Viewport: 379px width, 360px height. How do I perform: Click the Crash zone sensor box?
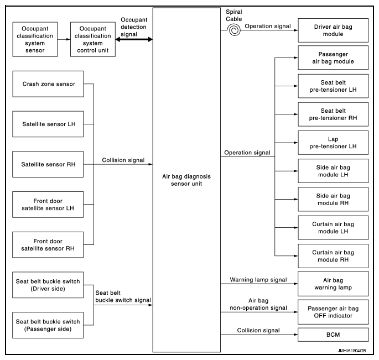click(x=48, y=84)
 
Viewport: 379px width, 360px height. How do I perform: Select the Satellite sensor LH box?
click(x=48, y=124)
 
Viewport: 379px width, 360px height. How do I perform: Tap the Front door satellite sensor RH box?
click(x=48, y=245)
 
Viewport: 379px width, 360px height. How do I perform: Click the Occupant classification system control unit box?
click(x=93, y=39)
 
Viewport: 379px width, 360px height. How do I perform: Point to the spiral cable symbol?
click(x=234, y=30)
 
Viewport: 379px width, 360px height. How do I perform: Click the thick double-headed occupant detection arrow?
click(x=134, y=39)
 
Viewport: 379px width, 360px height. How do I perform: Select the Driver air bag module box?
click(x=333, y=30)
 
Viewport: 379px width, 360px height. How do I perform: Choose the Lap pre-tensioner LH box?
click(x=333, y=143)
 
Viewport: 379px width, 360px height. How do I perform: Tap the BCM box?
click(x=333, y=335)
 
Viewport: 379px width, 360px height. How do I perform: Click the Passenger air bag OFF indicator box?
click(x=333, y=312)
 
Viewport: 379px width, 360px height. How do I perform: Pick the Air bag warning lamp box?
click(x=333, y=284)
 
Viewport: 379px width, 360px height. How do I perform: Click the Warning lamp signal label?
click(x=258, y=280)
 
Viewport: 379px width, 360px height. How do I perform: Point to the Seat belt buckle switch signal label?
click(x=123, y=296)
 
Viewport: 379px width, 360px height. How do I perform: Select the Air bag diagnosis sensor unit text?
click(x=186, y=180)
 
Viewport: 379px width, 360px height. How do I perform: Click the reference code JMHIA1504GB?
click(x=352, y=351)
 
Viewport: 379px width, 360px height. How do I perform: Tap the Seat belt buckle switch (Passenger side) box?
click(x=48, y=325)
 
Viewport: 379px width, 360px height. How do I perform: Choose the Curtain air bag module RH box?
click(x=333, y=256)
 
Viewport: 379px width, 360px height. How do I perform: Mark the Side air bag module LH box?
click(x=333, y=171)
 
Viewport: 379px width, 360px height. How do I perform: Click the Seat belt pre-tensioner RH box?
click(x=333, y=114)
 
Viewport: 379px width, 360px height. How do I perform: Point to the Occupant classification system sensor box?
click(x=35, y=39)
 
